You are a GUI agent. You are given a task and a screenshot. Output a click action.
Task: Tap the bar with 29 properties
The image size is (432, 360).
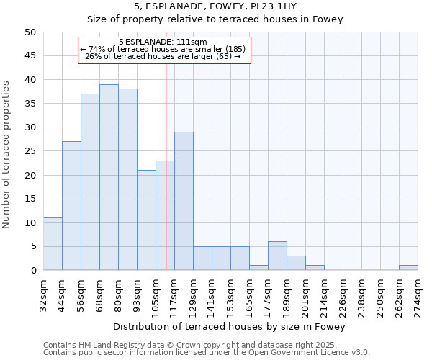(x=184, y=201)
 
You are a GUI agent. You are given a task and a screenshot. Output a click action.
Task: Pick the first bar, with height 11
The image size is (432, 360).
(x=53, y=244)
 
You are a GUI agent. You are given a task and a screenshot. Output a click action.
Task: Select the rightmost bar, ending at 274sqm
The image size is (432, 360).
(x=408, y=268)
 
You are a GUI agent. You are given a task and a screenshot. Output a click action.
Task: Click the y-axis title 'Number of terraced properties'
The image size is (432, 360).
(x=7, y=154)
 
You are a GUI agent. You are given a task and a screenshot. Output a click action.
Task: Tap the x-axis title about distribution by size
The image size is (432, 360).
(x=230, y=327)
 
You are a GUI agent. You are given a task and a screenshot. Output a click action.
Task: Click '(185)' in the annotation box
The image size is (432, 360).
(x=234, y=49)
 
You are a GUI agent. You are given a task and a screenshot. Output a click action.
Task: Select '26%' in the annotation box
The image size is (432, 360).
(x=94, y=56)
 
